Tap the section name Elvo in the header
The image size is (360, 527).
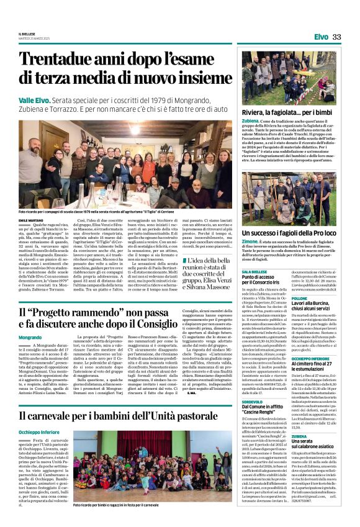[x=321, y=37]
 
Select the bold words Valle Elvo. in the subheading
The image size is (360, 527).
[x=35, y=100]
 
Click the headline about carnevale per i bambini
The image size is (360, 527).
[x=127, y=415]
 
